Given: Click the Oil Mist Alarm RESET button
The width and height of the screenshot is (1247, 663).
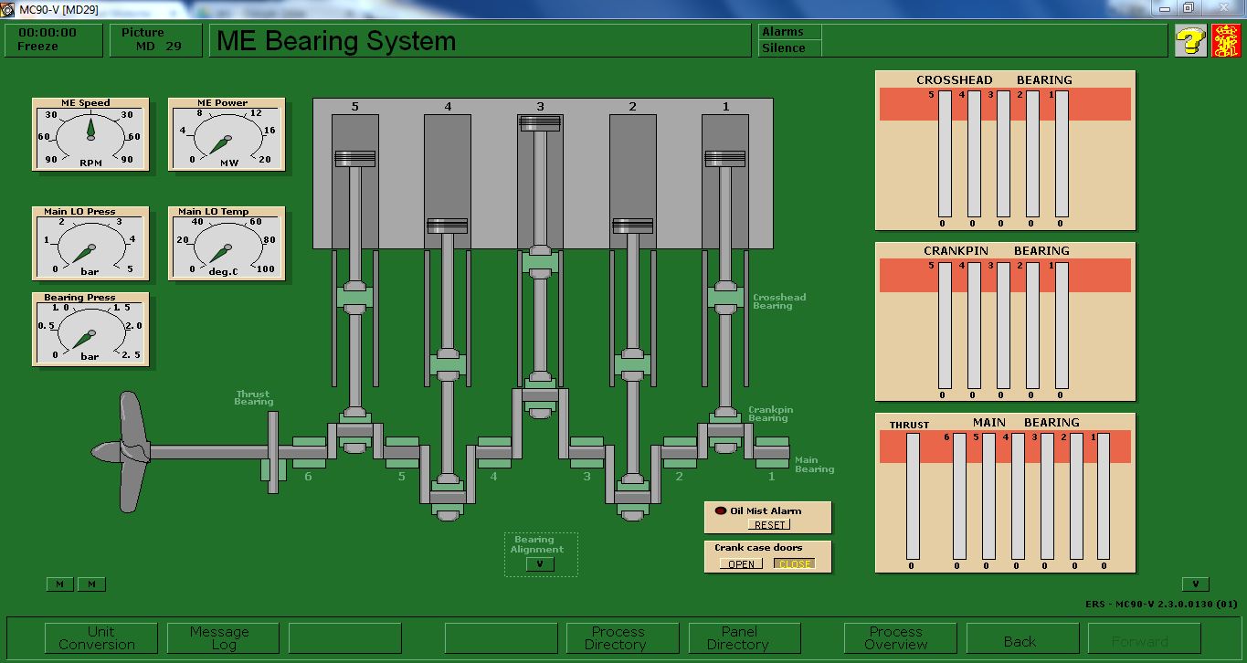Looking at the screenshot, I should [769, 525].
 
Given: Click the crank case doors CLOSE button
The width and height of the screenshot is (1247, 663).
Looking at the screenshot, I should [794, 563].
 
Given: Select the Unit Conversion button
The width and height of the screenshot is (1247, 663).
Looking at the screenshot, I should [101, 637].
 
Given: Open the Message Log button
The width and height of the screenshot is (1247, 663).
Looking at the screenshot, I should [219, 637].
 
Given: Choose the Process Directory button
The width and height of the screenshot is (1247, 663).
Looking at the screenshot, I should [618, 637].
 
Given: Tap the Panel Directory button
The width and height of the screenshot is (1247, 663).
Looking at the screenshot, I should [739, 637].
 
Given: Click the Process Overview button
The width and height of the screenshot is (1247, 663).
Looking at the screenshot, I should [896, 637].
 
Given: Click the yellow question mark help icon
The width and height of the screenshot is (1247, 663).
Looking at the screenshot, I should [1190, 41].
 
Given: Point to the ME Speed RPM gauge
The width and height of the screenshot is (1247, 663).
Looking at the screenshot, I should [90, 134].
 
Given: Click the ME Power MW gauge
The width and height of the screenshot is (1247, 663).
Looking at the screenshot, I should [226, 134].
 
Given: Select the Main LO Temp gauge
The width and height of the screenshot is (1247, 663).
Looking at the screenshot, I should [226, 244].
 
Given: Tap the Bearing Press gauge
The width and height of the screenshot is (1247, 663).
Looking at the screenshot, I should [90, 330].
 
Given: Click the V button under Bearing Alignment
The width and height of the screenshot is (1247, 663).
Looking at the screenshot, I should [540, 564].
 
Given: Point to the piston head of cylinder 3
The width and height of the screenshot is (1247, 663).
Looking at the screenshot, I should [540, 123].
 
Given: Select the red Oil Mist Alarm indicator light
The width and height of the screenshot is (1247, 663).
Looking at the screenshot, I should [720, 510].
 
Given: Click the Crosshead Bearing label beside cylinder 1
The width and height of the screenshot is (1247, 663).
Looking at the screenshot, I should [778, 301].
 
